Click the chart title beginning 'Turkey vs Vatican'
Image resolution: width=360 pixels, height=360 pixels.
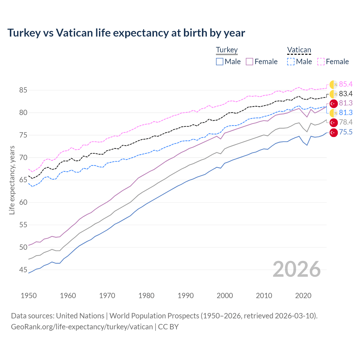coord(126,33)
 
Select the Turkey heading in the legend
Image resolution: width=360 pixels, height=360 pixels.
coord(227,50)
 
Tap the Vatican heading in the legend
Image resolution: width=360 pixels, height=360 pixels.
coord(299,50)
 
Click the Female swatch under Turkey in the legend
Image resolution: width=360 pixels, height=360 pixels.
coord(249,62)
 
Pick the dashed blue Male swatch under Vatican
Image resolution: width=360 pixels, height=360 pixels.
coord(291,62)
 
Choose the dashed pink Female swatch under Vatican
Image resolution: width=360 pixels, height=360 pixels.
coord(321,62)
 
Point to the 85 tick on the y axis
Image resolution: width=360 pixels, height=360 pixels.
coord(23,90)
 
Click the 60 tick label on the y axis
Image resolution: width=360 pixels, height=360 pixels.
coord(23,202)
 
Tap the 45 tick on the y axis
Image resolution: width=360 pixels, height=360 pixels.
coord(23,270)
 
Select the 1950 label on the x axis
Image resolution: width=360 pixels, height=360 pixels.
coord(29,296)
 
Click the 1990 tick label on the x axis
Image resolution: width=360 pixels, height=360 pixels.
coord(186,296)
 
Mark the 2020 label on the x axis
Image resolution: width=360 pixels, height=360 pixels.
coord(303,296)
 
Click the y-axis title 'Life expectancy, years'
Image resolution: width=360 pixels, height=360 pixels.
coord(12,180)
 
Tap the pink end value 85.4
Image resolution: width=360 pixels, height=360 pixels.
coord(346,84)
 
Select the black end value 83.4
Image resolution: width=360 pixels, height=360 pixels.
coord(346,94)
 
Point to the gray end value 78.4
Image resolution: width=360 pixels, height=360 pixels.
coord(346,122)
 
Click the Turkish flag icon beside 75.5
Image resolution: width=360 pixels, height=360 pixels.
coord(334,132)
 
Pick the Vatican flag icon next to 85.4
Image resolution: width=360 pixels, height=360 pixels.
coord(334,84)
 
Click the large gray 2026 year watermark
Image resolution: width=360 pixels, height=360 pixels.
coord(296,269)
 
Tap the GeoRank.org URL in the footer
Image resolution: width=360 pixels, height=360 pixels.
coord(82,327)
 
